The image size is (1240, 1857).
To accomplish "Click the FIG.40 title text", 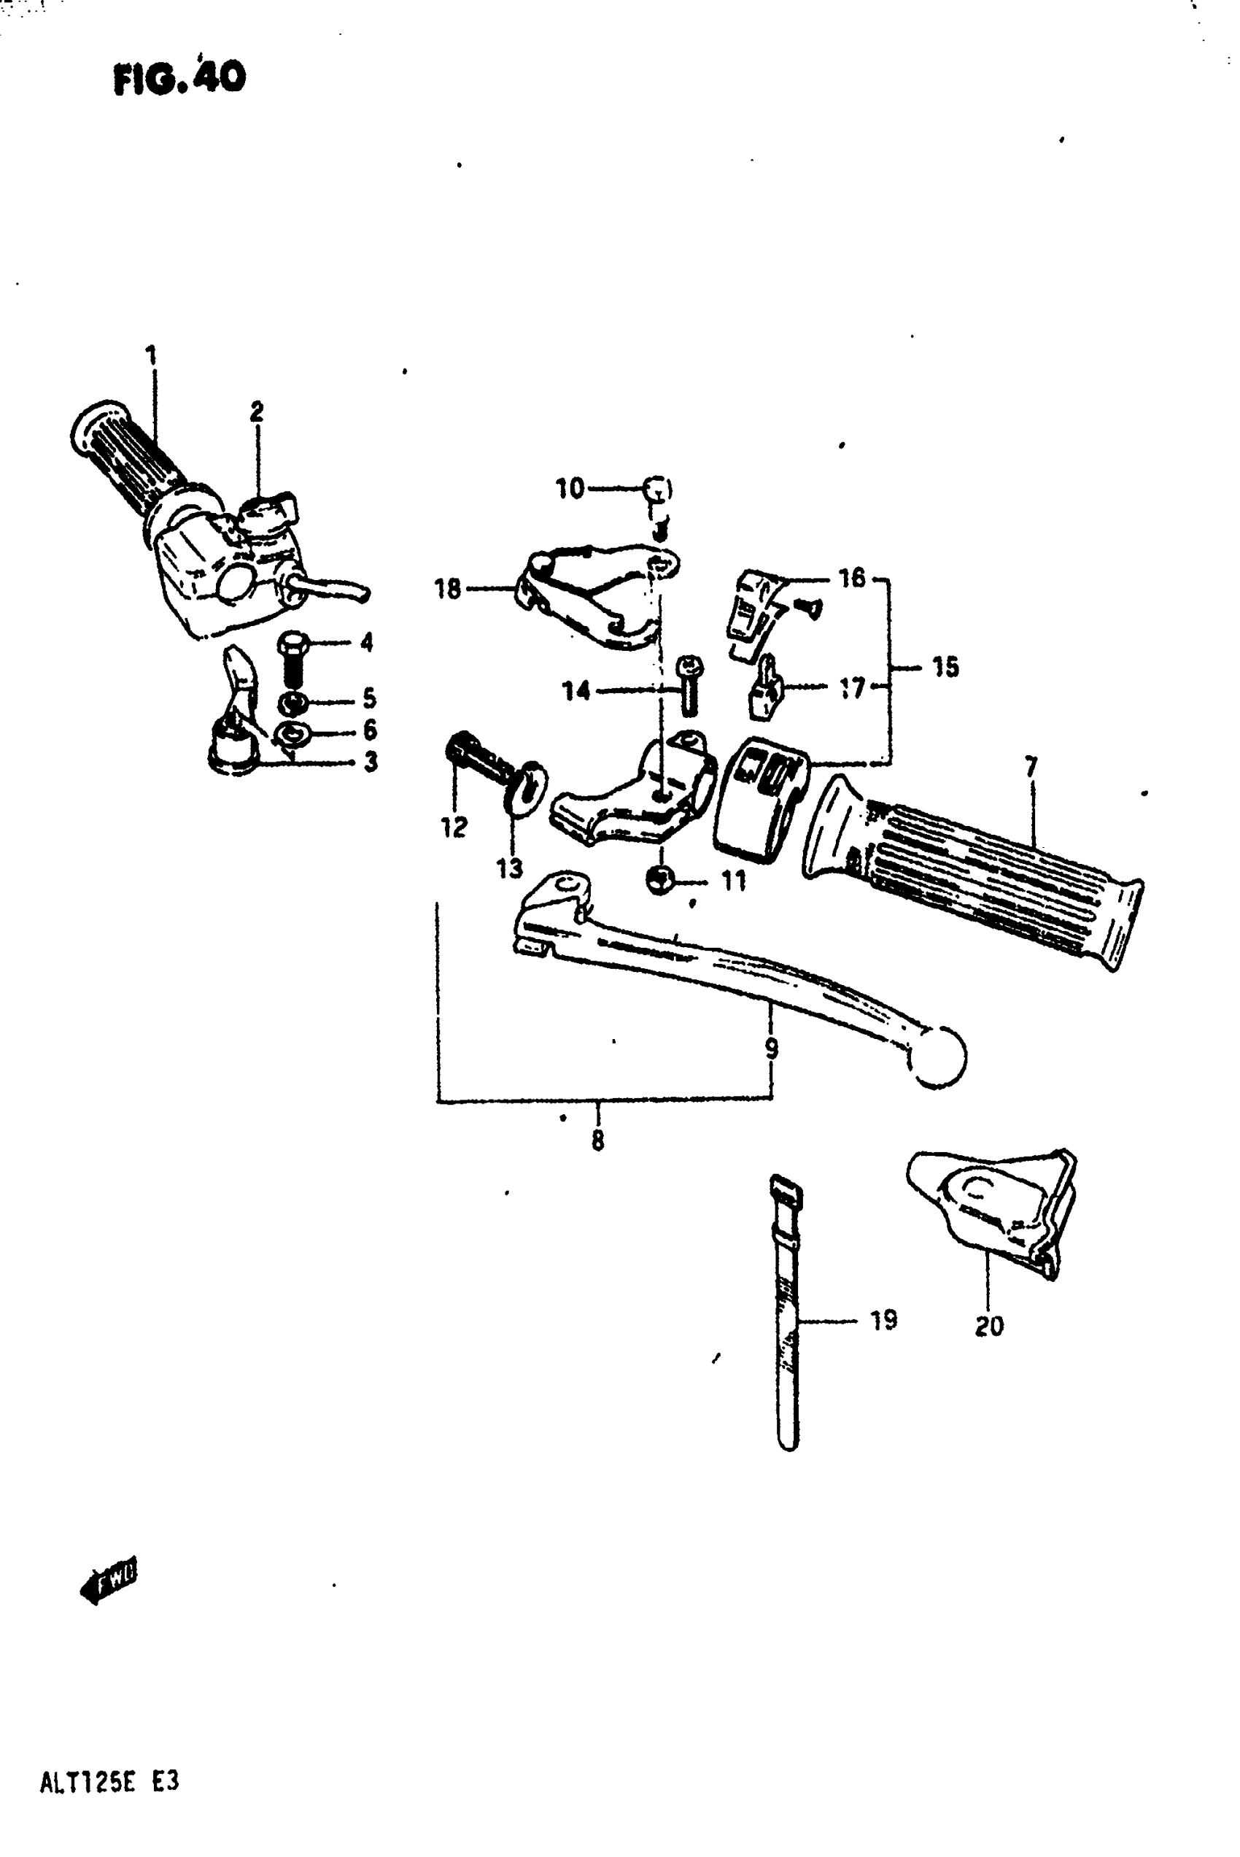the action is pyautogui.click(x=179, y=78).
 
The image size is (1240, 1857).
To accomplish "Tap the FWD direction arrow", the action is pyautogui.click(x=109, y=1580).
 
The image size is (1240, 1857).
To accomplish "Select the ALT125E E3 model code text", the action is pyautogui.click(x=109, y=1783).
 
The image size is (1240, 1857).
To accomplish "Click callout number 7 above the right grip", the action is pyautogui.click(x=1031, y=766).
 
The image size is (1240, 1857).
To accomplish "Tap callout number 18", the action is pyautogui.click(x=448, y=588).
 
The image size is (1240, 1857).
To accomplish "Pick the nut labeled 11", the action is pyautogui.click(x=659, y=879).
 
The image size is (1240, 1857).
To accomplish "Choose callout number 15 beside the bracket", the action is pyautogui.click(x=945, y=667).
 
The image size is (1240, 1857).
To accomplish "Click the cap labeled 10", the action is pyautogui.click(x=658, y=490).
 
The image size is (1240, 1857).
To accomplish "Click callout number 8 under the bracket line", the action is pyautogui.click(x=598, y=1140).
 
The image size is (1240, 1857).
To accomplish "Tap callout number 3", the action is pyautogui.click(x=370, y=762).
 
